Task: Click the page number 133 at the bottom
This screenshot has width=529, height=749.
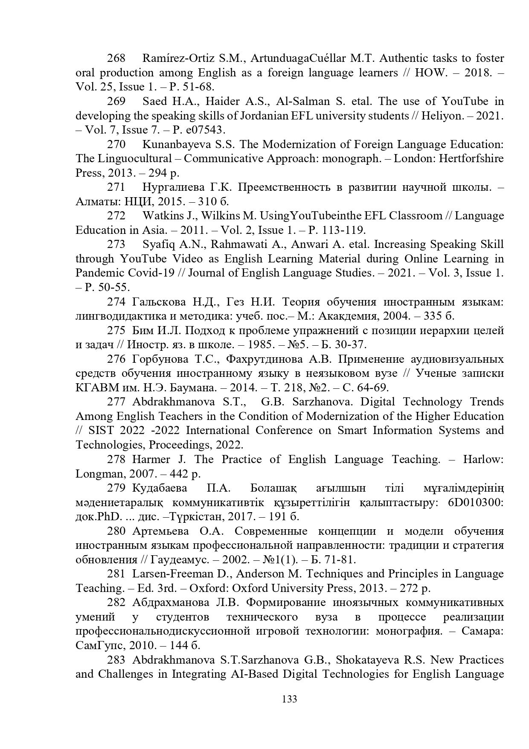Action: [289, 699]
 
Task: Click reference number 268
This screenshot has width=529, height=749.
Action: [116, 58]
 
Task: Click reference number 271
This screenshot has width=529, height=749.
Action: [116, 187]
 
